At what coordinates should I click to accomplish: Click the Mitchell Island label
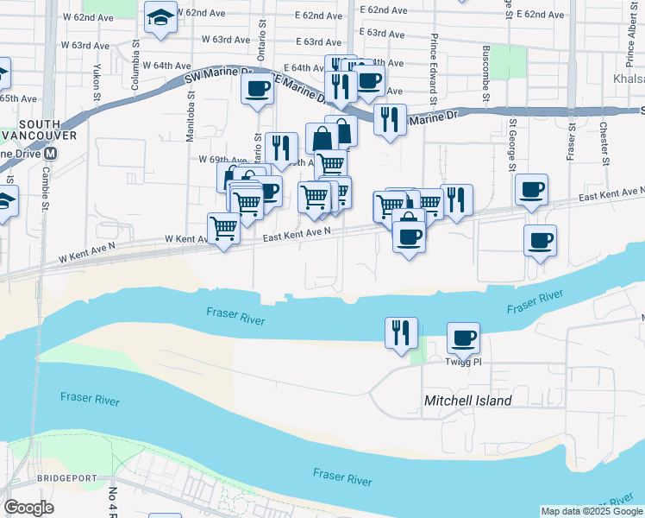pos(467,401)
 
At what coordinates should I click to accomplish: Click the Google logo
pos(28,508)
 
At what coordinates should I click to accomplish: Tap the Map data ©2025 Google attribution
pos(591,511)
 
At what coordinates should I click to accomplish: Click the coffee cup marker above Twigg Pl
pos(463,338)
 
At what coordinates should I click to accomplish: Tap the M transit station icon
pos(51,154)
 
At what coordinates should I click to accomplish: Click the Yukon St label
pos(91,82)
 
